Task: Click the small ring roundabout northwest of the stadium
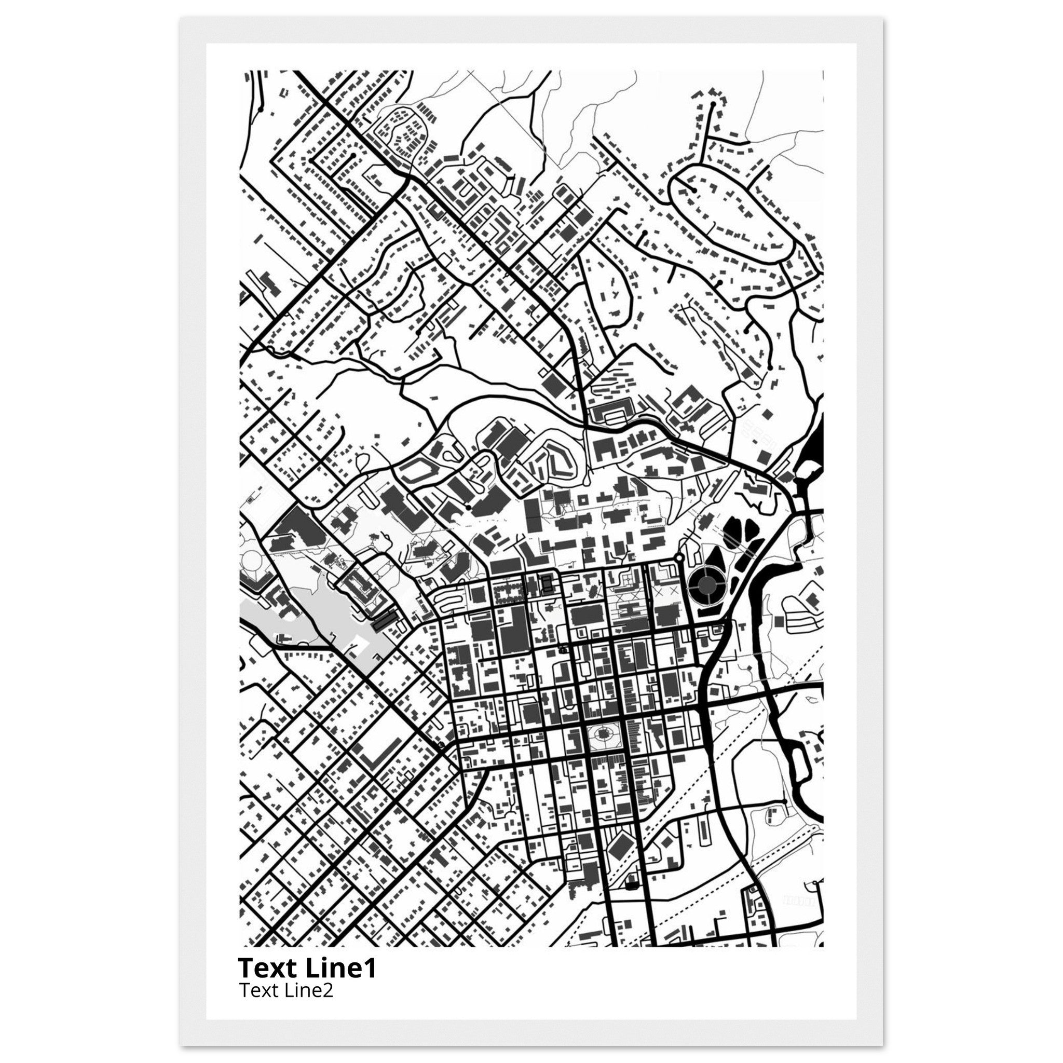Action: point(679,558)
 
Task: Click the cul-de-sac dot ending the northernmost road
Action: point(713,103)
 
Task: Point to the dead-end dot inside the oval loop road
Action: point(695,190)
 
